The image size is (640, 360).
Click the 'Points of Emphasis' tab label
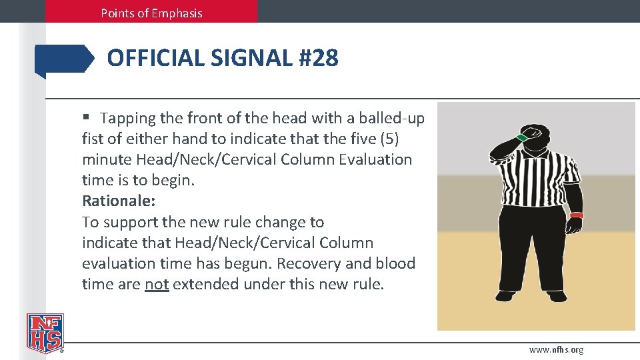(151, 13)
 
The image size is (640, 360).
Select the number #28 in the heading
(319, 59)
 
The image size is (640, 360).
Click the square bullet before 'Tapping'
(86, 118)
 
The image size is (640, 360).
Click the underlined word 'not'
(157, 284)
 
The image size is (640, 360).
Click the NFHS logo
(45, 333)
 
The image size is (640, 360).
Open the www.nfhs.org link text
(556, 349)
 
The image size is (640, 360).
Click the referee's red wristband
(576, 215)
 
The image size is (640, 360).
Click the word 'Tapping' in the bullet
(127, 118)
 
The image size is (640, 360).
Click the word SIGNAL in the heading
(252, 59)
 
